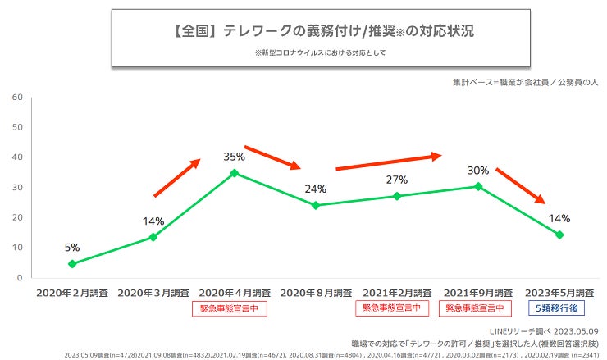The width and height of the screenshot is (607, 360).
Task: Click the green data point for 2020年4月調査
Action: point(235,173)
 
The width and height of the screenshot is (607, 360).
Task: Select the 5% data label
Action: point(72,247)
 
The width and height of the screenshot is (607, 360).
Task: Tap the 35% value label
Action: point(235,156)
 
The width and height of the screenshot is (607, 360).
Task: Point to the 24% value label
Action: point(315,189)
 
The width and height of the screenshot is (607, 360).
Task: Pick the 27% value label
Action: point(396,180)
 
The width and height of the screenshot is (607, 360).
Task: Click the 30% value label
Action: point(477,171)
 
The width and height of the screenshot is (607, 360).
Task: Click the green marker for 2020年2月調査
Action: point(72,264)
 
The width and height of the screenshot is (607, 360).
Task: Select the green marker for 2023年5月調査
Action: point(559,235)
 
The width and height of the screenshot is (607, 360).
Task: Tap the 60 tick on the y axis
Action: point(16,97)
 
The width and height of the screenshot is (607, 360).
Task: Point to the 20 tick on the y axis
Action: point(16,217)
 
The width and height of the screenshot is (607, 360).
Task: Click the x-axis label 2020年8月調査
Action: point(316,292)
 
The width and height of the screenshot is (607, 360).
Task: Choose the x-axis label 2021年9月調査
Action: point(478,292)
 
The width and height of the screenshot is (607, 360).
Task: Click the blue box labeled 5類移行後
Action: point(559,308)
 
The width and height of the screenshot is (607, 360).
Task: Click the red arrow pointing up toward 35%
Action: point(177,177)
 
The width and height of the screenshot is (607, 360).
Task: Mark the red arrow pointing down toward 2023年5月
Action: point(521,186)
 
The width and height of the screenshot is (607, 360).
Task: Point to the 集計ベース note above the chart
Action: point(525,83)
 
